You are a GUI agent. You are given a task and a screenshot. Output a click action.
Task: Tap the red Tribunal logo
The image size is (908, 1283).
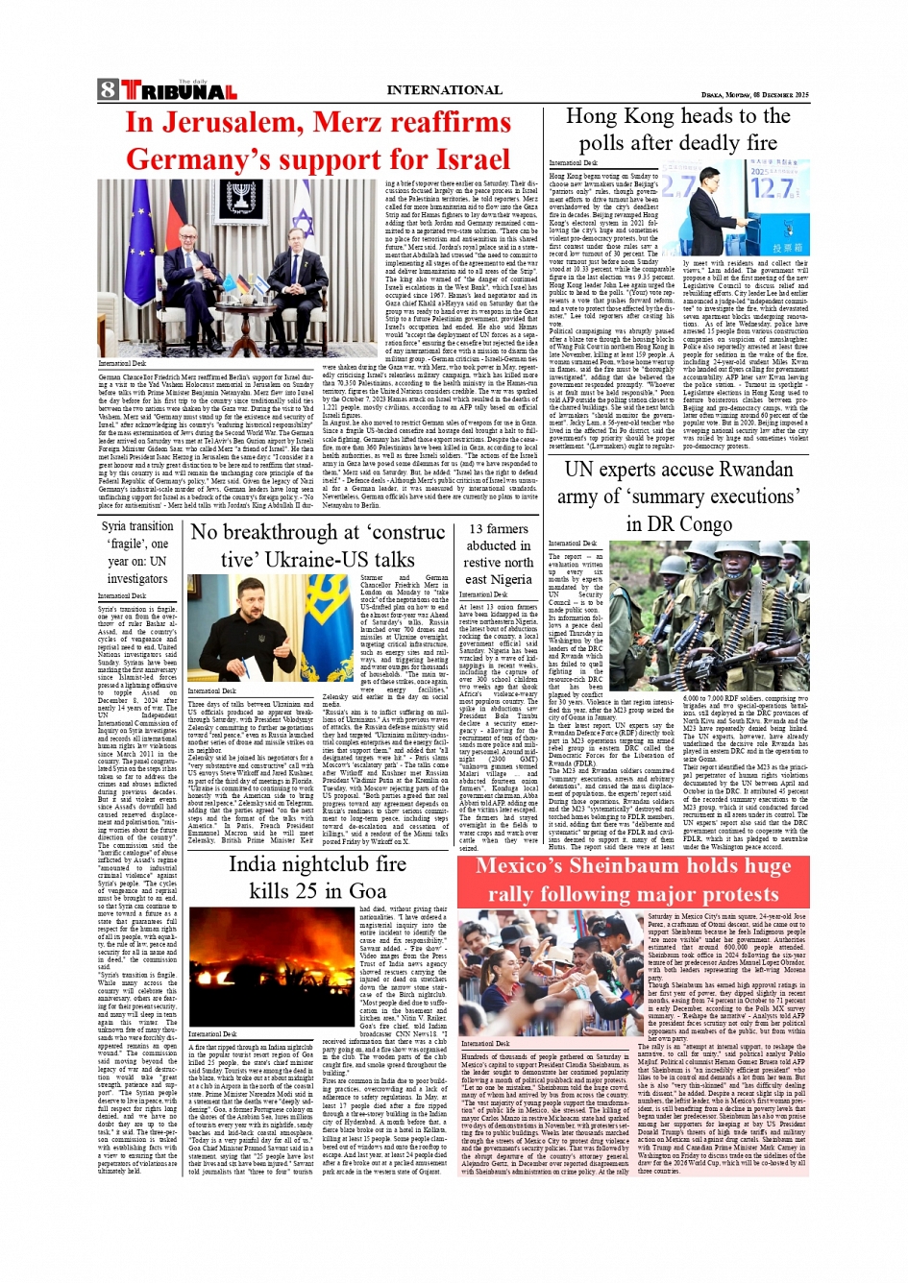pos(179,91)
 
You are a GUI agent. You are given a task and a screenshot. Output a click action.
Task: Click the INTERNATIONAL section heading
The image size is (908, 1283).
pos(444,90)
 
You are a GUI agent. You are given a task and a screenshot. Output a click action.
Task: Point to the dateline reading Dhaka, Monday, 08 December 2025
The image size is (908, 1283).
pos(754,95)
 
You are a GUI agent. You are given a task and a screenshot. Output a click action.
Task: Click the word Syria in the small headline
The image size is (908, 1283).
pos(115,526)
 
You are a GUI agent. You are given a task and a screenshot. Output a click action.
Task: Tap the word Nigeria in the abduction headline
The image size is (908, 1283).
pos(512,579)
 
